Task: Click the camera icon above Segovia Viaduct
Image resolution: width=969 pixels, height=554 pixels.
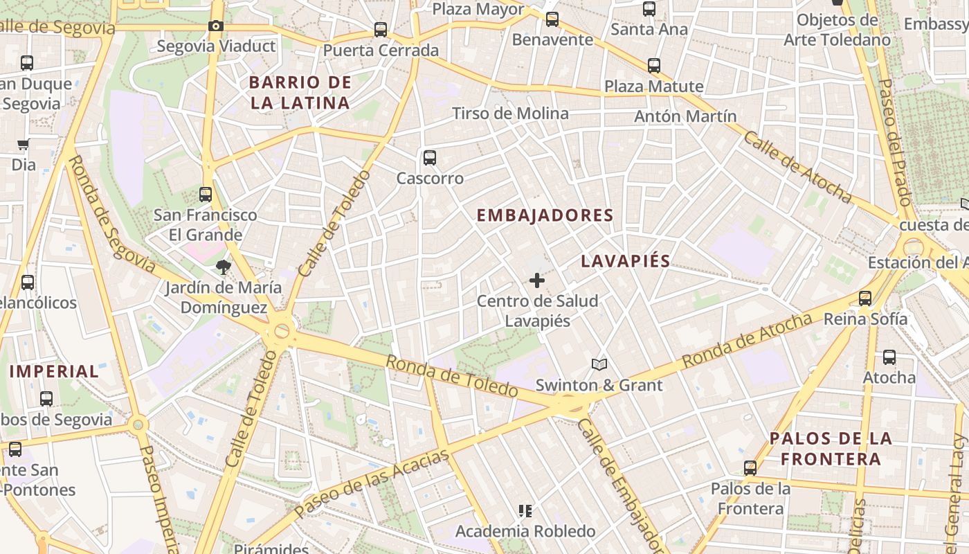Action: [x=216, y=26]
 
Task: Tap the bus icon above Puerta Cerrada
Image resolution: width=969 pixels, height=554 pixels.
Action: [x=380, y=30]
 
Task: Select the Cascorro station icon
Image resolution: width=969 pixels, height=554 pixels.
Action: [x=430, y=158]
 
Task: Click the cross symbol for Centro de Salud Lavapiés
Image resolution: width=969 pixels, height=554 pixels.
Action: [x=536, y=280]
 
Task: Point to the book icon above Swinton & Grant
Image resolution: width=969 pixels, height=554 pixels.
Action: [x=599, y=364]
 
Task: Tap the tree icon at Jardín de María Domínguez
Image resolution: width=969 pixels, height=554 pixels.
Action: [x=223, y=267]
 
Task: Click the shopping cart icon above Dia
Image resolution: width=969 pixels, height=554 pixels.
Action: [x=24, y=145]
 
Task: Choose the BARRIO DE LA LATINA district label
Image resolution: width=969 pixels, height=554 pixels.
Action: [x=300, y=93]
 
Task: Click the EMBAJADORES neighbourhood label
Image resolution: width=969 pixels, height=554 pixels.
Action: [x=545, y=215]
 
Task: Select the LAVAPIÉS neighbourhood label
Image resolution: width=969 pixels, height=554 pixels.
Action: [x=626, y=261]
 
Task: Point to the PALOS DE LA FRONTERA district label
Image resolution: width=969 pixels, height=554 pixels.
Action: [x=831, y=448]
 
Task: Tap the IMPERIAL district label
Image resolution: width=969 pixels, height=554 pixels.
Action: [x=55, y=371]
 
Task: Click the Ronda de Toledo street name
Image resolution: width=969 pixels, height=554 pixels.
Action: [x=451, y=376]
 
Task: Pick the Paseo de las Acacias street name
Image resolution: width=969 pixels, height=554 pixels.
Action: [x=371, y=483]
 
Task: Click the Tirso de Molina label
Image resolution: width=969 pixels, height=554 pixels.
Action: [x=510, y=114]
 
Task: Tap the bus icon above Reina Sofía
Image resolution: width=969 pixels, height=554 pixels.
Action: [x=865, y=298]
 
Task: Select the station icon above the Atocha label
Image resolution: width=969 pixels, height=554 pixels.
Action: [x=889, y=357]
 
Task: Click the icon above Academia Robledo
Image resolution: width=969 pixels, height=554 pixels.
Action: [x=525, y=511]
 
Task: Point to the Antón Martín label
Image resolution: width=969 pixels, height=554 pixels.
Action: [x=685, y=116]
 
